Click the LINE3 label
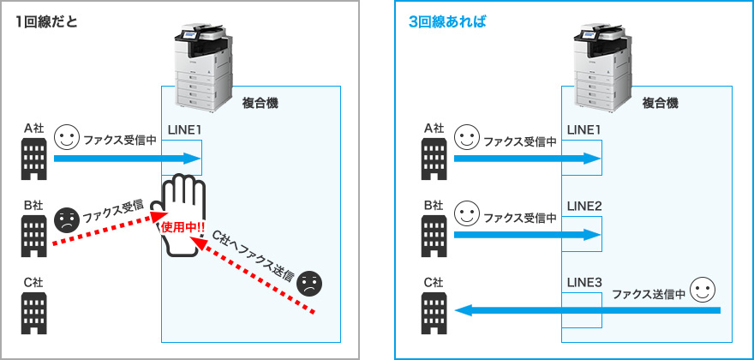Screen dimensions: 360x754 pos(584,282)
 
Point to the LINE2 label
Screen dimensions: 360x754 pos(584,207)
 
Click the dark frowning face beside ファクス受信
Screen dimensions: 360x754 pos(65,220)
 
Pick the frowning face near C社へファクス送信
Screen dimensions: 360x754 pos(309,282)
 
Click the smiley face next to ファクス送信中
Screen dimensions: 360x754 pos(703,289)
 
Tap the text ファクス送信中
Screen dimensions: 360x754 pos(649,294)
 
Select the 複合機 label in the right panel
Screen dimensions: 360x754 pos(661,103)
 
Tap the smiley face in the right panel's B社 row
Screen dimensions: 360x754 pos(466,212)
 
